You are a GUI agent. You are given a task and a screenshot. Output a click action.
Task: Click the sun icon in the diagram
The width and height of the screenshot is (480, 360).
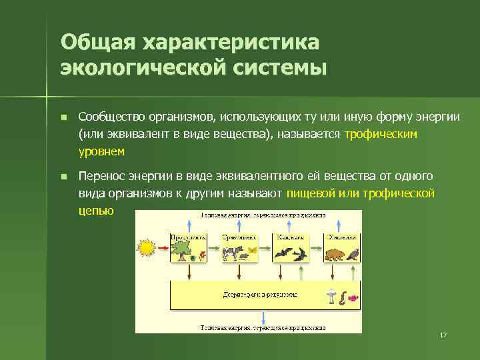[147, 249]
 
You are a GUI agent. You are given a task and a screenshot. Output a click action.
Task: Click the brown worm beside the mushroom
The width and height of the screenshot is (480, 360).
[342, 298]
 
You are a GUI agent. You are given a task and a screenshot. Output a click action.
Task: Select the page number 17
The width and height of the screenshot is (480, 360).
[443, 334]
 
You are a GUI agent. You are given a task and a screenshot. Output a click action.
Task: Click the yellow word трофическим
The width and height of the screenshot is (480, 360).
[381, 134]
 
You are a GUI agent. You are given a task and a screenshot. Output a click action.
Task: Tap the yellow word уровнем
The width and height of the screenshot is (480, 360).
[101, 151]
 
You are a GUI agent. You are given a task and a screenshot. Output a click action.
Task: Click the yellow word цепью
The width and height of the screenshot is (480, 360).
[96, 210]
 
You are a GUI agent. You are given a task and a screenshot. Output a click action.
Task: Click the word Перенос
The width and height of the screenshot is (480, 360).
[101, 176]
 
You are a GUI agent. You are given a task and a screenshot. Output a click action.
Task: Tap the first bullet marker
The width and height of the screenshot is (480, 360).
[63, 118]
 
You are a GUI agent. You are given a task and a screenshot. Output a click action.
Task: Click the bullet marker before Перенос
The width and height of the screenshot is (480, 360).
[63, 177]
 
